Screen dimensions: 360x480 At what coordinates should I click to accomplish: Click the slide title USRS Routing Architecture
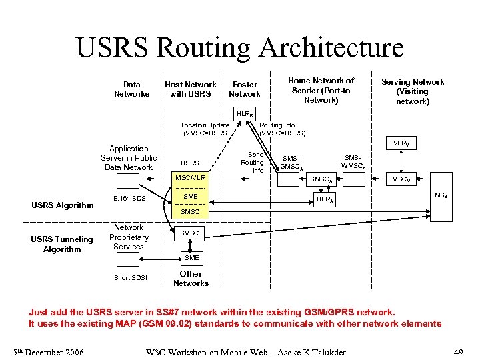point(240,47)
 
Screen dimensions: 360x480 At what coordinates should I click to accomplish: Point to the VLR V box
point(401,143)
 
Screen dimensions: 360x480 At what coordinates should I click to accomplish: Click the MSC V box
point(401,179)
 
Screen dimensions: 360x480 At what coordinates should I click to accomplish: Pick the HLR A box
point(325,199)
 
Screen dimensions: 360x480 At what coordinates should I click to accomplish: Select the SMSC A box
point(321,179)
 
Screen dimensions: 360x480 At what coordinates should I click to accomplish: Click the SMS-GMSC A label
point(291,163)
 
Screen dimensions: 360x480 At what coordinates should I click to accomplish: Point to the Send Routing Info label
point(252,162)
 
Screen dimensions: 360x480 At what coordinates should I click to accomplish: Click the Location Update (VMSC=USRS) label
point(205,129)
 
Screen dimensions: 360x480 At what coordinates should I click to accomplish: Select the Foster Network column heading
point(245,89)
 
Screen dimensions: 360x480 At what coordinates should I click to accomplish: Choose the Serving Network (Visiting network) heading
point(412,91)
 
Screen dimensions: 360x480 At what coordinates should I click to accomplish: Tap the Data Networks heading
point(132,89)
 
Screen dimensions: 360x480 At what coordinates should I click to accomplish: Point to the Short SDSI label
point(130,278)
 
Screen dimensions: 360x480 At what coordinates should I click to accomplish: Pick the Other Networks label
point(191,279)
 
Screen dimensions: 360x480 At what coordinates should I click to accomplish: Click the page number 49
point(458,352)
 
